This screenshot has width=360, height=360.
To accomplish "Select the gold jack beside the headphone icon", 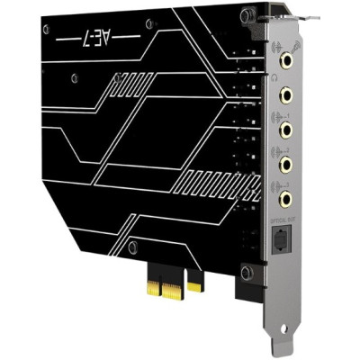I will (285, 93).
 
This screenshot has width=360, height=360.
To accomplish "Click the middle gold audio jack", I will (286, 129).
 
